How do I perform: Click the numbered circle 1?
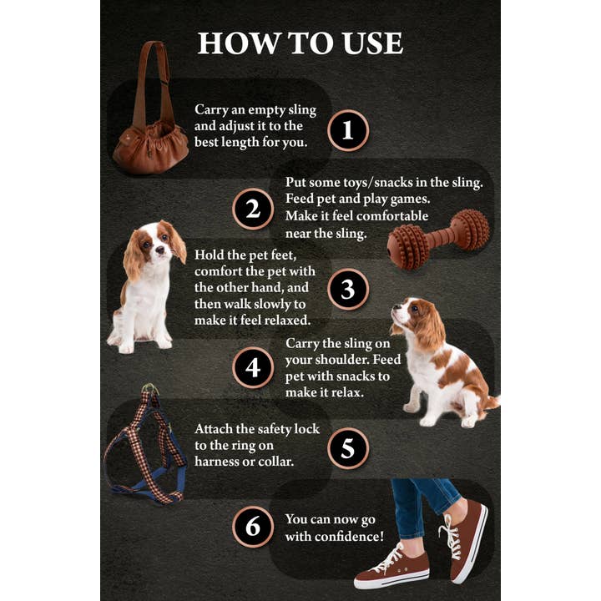[x=348, y=130]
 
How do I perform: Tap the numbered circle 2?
[x=253, y=209]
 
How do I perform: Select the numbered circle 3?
[x=348, y=289]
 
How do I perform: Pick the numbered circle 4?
[x=253, y=368]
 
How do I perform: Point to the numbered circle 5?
[x=348, y=448]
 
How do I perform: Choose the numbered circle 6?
[x=253, y=527]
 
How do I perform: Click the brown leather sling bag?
[x=151, y=142]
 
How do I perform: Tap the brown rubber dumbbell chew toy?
[x=438, y=239]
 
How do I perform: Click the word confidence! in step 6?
[x=348, y=536]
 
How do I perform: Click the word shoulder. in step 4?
[x=349, y=360]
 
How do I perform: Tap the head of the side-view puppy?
[x=415, y=320]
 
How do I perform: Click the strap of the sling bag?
[x=150, y=79]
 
